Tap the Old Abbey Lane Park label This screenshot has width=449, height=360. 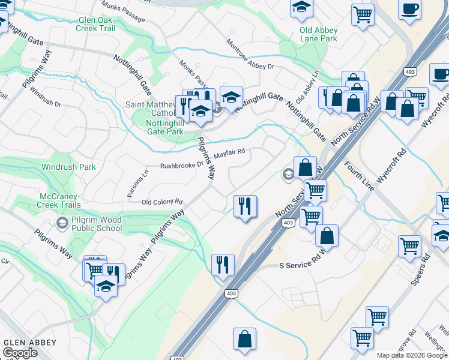(x=319, y=34)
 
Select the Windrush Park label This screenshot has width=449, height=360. (x=68, y=167)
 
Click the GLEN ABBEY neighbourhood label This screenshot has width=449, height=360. (x=30, y=343)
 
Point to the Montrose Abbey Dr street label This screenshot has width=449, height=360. (x=250, y=55)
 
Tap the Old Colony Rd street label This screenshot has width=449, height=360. (x=161, y=202)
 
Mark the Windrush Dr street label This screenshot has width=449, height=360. (x=46, y=95)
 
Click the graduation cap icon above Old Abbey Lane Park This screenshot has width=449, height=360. (x=302, y=8)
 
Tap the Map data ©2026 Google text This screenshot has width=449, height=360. (x=412, y=355)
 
